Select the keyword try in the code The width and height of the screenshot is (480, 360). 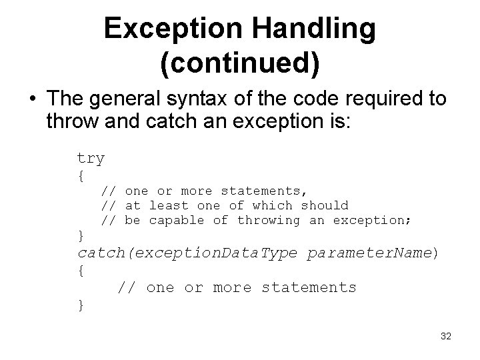tap(91, 159)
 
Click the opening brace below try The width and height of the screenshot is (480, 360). tap(81, 177)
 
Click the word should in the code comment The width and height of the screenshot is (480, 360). tap(325, 206)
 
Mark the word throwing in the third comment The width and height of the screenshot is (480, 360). tap(269, 220)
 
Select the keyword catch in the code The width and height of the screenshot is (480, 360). tap(100, 254)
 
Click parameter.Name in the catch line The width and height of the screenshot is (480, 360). tap(369, 254)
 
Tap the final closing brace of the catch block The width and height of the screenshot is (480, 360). tap(81, 305)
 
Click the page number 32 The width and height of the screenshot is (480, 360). tap(446, 337)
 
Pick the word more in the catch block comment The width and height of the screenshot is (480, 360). tap(232, 288)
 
